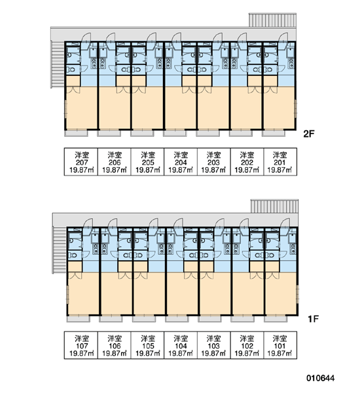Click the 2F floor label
(x=309, y=134)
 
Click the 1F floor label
(x=313, y=319)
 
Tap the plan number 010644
(x=321, y=378)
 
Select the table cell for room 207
(x=81, y=162)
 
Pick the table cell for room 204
(x=181, y=162)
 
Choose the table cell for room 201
(x=280, y=162)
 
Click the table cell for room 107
(x=81, y=345)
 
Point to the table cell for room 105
(x=147, y=345)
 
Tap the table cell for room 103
(x=213, y=345)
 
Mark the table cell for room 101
(x=280, y=345)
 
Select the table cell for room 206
(x=115, y=162)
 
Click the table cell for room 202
(x=247, y=162)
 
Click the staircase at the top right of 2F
(x=272, y=20)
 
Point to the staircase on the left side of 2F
(x=58, y=64)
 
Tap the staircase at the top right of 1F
(x=274, y=206)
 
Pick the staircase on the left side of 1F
(x=60, y=250)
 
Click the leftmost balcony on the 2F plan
(x=76, y=133)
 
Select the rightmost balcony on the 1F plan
(x=276, y=319)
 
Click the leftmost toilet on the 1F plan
(x=73, y=255)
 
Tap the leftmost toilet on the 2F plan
(x=71, y=69)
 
